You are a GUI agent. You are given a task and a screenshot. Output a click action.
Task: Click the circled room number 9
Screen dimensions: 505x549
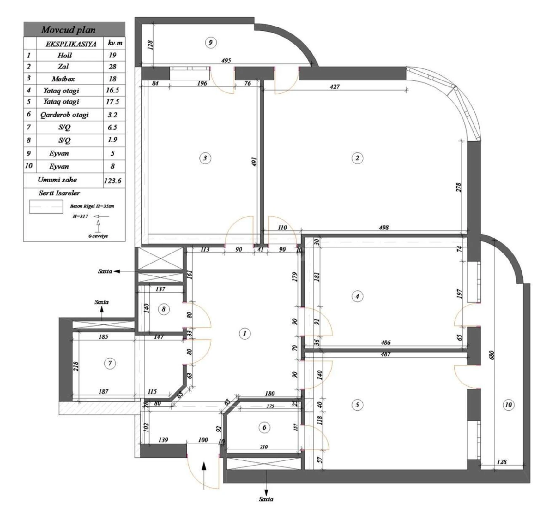click(211, 42)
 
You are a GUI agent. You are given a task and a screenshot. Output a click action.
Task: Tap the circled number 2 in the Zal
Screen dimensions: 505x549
click(357, 158)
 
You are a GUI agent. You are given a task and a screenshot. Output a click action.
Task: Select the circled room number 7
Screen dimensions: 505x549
click(110, 363)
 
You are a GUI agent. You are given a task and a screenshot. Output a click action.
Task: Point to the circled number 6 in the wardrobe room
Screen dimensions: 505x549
click(264, 428)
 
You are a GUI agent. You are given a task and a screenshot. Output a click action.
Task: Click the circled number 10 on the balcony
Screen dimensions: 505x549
click(509, 405)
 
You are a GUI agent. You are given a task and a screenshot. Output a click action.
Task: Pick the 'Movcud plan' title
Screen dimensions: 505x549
click(68, 30)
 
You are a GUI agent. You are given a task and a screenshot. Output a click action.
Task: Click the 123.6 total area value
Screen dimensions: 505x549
click(112, 181)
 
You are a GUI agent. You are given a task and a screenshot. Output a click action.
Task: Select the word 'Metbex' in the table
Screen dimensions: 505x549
click(63, 79)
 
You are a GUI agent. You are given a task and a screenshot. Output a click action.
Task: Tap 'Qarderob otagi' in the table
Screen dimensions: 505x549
click(64, 115)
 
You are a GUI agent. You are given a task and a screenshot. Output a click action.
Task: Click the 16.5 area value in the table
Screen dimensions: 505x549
click(112, 91)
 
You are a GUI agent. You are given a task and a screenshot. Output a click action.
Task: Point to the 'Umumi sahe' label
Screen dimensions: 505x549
click(57, 180)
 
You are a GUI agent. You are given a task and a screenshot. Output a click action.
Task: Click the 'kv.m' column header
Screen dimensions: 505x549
click(115, 43)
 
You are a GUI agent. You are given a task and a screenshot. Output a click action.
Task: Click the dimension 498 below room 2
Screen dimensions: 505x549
click(384, 228)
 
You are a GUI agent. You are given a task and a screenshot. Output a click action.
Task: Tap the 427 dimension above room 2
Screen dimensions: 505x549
click(335, 86)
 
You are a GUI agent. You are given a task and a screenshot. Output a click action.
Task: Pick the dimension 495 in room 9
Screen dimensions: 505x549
click(226, 61)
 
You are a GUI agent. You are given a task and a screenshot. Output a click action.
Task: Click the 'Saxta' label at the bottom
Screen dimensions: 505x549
click(266, 499)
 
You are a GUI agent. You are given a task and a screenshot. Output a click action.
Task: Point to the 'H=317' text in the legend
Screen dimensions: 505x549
click(81, 217)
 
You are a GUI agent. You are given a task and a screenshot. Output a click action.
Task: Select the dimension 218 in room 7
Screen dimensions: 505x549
click(76, 366)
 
